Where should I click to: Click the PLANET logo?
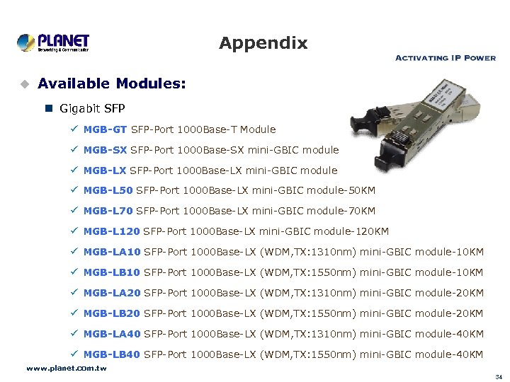point(53,42)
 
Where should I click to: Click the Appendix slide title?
point(263,43)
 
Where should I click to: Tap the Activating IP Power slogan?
point(445,58)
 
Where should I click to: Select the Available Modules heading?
point(112,83)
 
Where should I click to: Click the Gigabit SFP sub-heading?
point(92,109)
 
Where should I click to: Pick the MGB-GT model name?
point(105,129)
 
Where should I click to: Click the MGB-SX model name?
point(105,150)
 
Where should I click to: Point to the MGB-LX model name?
point(105,170)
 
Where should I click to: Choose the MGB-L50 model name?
point(107,190)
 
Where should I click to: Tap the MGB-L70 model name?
point(107,211)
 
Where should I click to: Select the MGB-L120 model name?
point(110,231)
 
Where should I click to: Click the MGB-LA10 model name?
point(111,252)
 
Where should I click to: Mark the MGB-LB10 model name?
point(111,272)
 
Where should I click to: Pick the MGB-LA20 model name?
point(111,293)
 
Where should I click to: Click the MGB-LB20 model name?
point(111,313)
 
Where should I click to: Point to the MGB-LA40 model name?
point(111,334)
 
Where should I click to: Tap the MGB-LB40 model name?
point(111,354)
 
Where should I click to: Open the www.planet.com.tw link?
point(66,369)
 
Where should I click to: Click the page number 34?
point(499,376)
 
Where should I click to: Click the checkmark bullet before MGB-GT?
point(74,129)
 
